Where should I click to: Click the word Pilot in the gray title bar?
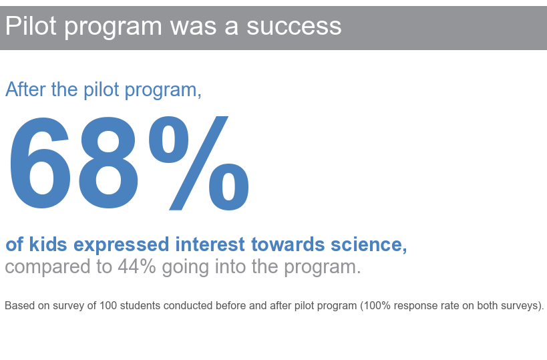(31, 26)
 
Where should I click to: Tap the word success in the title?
(294, 27)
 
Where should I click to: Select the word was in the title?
(193, 27)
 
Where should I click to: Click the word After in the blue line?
(25, 89)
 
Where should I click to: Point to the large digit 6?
(40, 163)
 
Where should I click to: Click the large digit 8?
(108, 163)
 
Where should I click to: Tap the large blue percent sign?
(199, 163)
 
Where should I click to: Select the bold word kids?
(48, 244)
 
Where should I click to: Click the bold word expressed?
(121, 245)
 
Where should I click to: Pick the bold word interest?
(210, 244)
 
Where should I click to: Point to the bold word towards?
(288, 244)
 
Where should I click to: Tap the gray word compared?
(48, 268)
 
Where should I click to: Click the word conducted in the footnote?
(188, 306)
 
